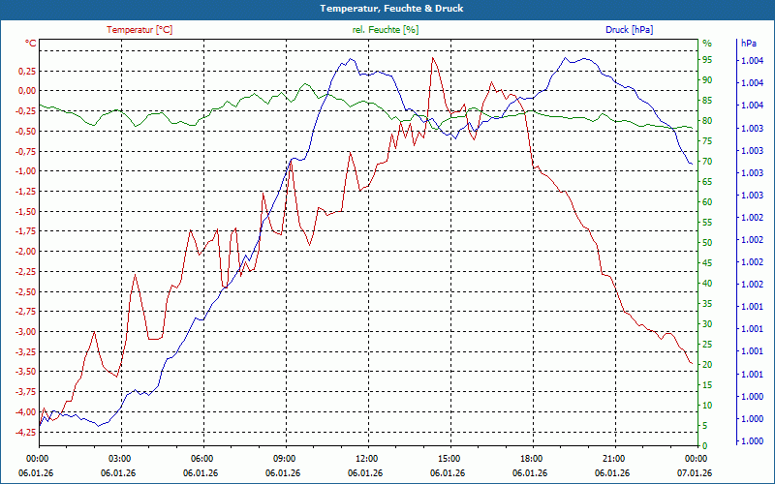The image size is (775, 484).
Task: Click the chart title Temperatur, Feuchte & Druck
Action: coord(387,8)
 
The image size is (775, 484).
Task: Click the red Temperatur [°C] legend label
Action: coord(139,30)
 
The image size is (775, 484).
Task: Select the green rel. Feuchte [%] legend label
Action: coord(386,30)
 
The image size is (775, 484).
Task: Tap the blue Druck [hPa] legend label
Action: coord(630,30)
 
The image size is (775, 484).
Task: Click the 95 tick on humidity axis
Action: coord(707,60)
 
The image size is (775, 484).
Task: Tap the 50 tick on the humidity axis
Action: coord(707,243)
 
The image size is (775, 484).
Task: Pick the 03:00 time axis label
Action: coord(120,458)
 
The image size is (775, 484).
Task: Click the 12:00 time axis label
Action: coord(367,458)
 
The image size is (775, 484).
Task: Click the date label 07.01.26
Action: coord(694,473)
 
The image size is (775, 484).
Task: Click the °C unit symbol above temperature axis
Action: coord(30,44)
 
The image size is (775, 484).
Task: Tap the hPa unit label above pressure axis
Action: coord(749,44)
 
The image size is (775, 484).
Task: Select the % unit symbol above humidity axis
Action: coord(706,44)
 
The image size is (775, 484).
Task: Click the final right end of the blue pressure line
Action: coord(692,164)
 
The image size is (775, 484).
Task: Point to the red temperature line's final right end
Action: coord(691,364)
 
